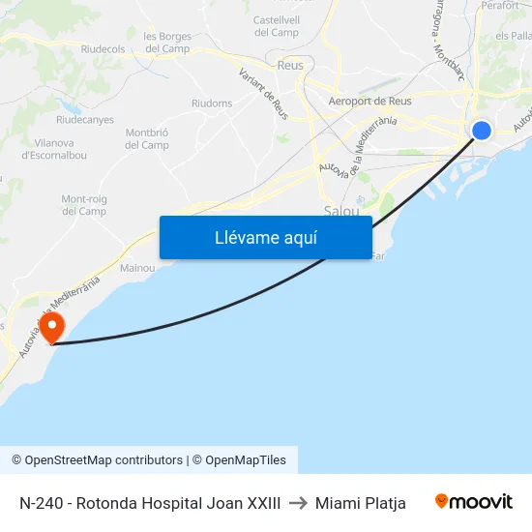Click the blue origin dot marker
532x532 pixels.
481,131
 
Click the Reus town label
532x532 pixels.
290,66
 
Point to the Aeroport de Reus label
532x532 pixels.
370,101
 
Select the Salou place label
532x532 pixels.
341,210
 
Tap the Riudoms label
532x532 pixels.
212,103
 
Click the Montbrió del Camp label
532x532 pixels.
147,138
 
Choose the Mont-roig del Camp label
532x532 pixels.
84,205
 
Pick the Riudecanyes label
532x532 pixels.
85,120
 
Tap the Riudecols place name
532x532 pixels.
103,48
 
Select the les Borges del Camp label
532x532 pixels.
166,43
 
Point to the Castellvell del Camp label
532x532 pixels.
276,26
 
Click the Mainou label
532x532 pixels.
137,268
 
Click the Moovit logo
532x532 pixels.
473,502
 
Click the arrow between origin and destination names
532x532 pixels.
298,503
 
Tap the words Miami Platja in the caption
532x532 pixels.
360,503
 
